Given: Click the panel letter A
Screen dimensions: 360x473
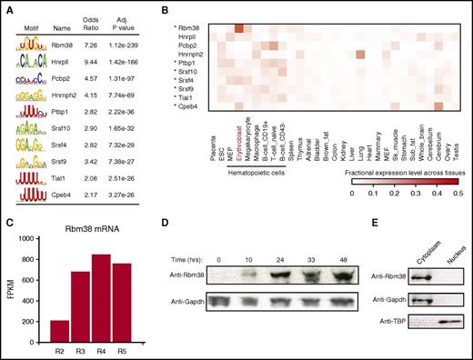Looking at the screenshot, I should tap(5, 6).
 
